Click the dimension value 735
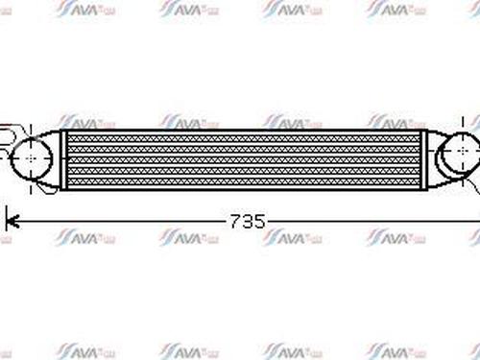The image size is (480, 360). [248, 221]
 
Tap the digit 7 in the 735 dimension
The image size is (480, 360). [236, 221]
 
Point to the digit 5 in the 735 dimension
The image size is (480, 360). [259, 221]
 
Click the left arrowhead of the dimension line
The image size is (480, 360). [12, 221]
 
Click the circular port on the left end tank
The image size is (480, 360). [32, 155]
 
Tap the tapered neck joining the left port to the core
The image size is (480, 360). [54, 156]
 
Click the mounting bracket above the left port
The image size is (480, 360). [10, 131]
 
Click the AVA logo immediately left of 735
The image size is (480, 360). [181, 236]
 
